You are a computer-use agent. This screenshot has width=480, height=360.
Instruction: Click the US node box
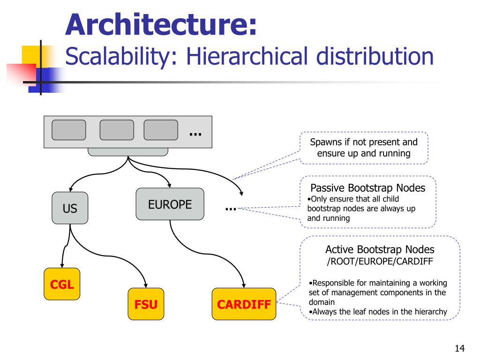coord(70,208)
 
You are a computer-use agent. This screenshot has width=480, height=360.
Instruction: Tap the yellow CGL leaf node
coord(62,284)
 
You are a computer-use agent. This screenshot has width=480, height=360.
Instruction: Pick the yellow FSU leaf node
coord(146,304)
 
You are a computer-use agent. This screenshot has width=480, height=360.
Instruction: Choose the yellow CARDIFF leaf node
coord(244,304)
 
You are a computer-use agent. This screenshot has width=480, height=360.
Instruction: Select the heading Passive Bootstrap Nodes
coord(368,188)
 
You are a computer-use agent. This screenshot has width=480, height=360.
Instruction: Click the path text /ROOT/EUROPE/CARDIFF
coord(380,261)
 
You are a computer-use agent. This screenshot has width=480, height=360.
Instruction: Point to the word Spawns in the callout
coord(325,142)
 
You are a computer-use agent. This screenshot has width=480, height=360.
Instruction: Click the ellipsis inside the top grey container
coord(195,134)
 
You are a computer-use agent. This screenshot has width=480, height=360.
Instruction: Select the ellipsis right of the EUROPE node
coord(231,208)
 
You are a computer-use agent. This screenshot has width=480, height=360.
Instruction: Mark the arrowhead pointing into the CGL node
coord(62,266)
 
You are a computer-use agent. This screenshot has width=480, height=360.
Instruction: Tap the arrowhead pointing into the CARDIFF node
coord(244,285)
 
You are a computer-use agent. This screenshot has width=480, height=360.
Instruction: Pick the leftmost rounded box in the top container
coord(68,130)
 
